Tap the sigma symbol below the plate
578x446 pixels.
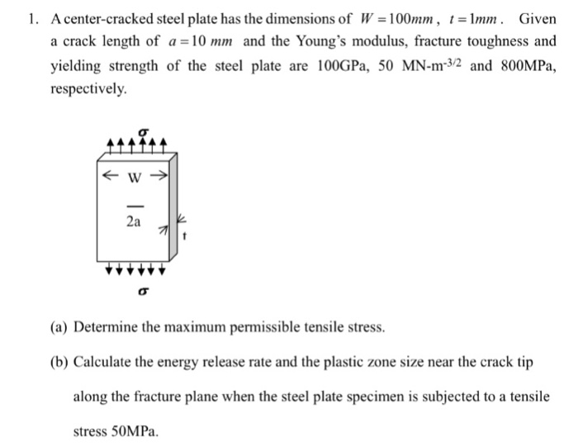(x=143, y=289)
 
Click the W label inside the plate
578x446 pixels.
(x=132, y=175)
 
